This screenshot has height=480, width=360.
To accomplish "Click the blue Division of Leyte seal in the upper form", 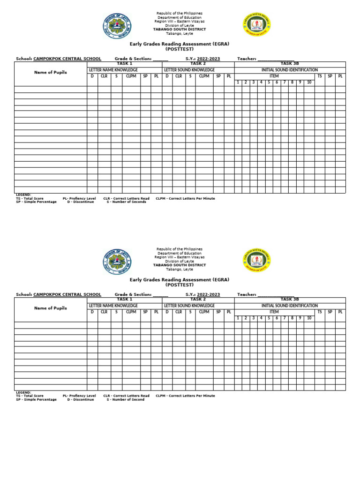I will [x=117, y=26].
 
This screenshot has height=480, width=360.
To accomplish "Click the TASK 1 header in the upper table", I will [x=124, y=298].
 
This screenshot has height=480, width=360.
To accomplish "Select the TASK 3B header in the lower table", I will [x=289, y=298].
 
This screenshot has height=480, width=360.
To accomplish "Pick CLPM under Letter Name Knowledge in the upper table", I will [x=131, y=75].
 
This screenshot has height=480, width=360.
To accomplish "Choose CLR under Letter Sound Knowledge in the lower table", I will [x=179, y=311].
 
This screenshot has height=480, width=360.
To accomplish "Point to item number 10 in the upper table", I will [x=309, y=82].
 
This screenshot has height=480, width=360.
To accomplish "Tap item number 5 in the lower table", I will [x=269, y=318].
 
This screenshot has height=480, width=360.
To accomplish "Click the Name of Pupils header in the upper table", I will [x=50, y=72].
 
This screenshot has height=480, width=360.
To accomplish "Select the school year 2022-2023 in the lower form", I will [x=208, y=294].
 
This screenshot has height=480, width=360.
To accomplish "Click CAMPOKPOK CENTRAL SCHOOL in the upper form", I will [x=67, y=59].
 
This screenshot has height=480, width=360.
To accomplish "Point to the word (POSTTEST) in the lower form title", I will [x=179, y=285].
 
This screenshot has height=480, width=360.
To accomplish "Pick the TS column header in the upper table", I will [x=320, y=75].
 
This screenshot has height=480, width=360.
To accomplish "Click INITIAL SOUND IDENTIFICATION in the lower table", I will [x=289, y=305].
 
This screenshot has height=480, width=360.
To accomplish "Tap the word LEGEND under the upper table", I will [x=23, y=194].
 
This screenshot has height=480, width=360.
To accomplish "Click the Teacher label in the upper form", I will [x=247, y=59].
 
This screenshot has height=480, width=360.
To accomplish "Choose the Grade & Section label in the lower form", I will [x=134, y=294].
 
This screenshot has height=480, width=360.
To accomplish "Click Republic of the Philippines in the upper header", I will [x=180, y=13].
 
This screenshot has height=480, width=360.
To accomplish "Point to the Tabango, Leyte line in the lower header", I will [x=180, y=270].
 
